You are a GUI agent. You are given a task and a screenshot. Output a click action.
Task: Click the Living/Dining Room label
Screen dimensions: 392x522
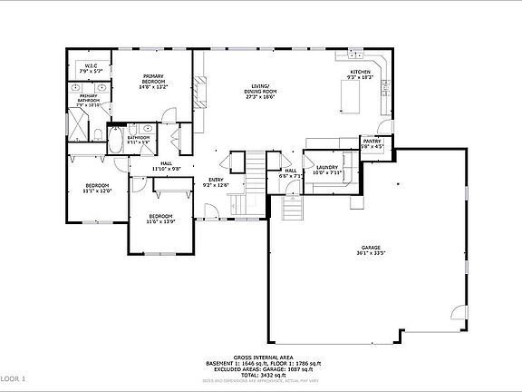point(264,91)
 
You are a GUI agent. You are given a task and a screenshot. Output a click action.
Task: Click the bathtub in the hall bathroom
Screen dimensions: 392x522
point(116,142)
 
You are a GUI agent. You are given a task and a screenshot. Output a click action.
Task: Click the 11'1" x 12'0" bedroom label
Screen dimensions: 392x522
point(97,190)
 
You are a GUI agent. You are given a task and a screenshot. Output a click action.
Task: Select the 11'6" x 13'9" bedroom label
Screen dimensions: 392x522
point(160,219)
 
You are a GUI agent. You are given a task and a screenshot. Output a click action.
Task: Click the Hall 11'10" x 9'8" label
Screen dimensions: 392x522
point(166,166)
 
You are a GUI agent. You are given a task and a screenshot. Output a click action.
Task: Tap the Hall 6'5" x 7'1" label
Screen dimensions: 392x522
point(291,172)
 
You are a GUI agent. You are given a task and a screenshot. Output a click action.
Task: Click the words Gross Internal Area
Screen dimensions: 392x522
point(260,357)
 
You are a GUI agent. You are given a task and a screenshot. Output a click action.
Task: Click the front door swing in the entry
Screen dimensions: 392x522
point(211,212)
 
